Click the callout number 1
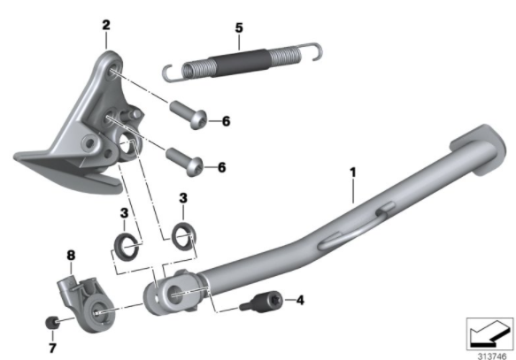[353, 172]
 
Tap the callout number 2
[106, 25]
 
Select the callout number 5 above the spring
[239, 27]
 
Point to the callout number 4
[300, 300]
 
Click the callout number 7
[52, 348]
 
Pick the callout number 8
[71, 256]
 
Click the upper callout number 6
[226, 121]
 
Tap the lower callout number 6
[222, 167]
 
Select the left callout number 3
[124, 213]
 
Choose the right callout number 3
[183, 198]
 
